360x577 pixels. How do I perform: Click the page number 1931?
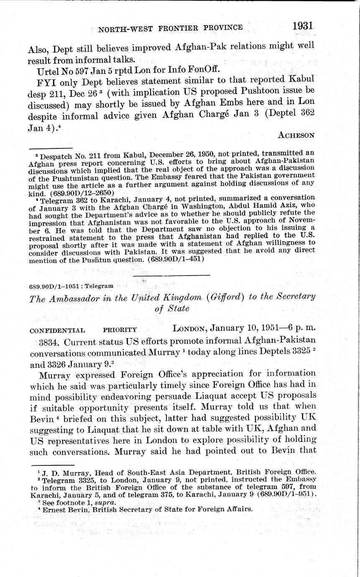tap(303, 25)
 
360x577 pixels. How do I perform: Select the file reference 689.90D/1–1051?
tap(53, 286)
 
